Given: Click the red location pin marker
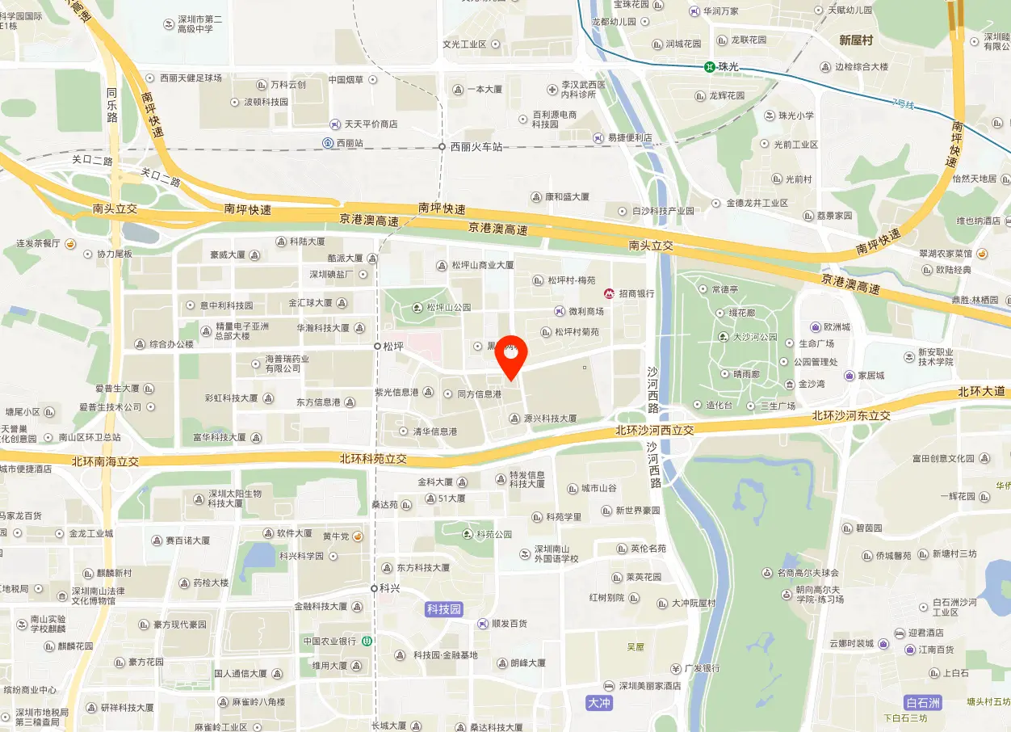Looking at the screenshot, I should click(x=510, y=356).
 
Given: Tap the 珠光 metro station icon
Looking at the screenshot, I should click(x=708, y=67).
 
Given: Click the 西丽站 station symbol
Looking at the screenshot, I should click(x=329, y=143).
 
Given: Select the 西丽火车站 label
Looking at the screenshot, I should click(x=476, y=147).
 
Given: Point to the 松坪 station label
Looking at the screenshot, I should click(x=393, y=346).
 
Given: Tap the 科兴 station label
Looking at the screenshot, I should click(x=390, y=588).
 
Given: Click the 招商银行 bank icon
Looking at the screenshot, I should click(x=610, y=293).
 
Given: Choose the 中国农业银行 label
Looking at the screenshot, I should click(x=329, y=641).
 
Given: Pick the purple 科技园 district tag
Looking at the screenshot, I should click(x=444, y=609).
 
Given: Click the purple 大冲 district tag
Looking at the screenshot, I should click(x=599, y=703).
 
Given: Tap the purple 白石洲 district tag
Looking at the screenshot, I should click(x=923, y=701).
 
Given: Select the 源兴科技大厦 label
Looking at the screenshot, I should click(x=550, y=419).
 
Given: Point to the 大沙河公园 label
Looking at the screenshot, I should click(x=754, y=337).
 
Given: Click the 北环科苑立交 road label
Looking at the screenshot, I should click(x=372, y=459).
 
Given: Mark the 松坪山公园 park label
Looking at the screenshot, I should click(x=448, y=308).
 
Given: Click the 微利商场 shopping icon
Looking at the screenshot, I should click(x=560, y=311).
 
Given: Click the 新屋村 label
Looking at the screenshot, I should click(x=856, y=40).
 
